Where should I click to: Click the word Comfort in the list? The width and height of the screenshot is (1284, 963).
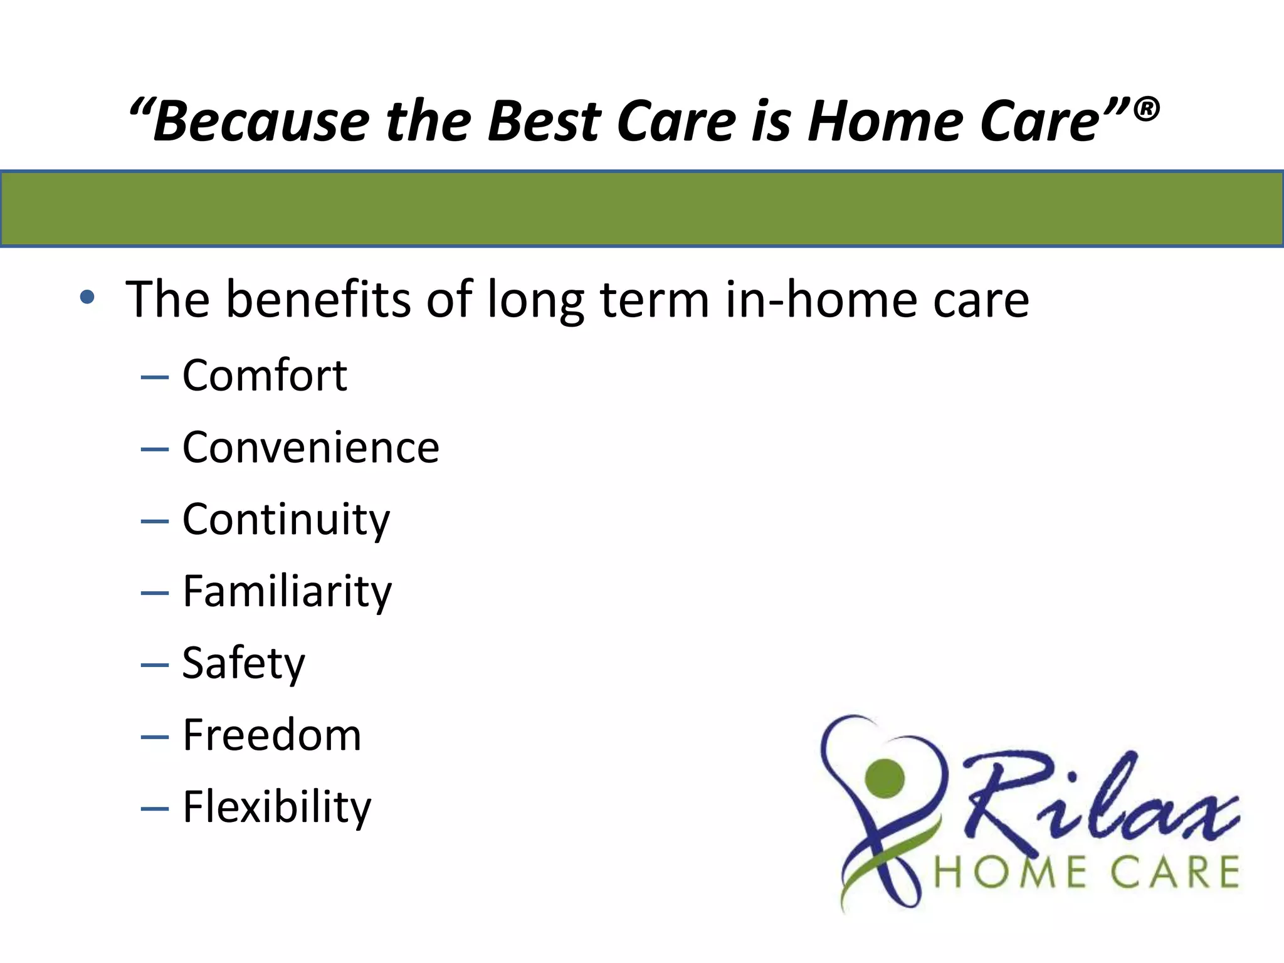coord(265,376)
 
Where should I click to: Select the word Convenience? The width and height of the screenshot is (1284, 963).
coord(311,448)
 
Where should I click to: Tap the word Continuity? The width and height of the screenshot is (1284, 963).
coord(286,520)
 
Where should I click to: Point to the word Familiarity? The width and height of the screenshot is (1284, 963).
coord(287,592)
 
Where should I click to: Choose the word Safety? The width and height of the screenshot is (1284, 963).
coord(243,663)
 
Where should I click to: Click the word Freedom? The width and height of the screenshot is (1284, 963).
coord(272,735)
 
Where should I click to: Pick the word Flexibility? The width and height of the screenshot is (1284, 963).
coord(277,807)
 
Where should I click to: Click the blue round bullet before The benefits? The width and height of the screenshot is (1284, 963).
coord(87,297)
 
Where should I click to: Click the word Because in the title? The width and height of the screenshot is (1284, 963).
coord(260,121)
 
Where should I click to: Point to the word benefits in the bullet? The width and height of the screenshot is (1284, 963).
coord(318,300)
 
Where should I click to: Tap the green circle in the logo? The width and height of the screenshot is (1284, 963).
coord(884,778)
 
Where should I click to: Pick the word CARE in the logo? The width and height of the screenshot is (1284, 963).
coord(1179,873)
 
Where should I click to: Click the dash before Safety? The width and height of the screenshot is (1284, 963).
coord(155,665)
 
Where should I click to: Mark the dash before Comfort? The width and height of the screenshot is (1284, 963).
coord(155,378)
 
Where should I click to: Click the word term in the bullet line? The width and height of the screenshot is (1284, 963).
coord(655,300)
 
